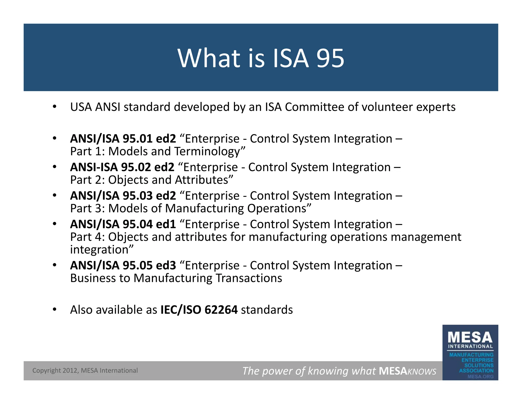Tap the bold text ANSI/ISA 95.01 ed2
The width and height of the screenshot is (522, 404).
pos(123,139)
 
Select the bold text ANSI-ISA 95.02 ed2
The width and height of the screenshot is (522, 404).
pos(122,167)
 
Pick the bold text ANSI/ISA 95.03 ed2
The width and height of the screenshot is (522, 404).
pos(123,196)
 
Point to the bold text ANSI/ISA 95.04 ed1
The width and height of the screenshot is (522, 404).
pos(123,224)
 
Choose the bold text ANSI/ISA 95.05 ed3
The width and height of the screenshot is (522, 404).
pos(123,265)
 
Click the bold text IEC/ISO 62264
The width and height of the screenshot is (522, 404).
pos(199,310)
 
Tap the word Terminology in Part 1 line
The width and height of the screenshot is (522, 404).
pos(207,151)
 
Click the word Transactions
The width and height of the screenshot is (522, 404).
pos(249,278)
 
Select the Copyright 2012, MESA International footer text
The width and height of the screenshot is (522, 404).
pos(85,371)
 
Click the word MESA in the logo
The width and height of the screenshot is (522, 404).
pos(470,338)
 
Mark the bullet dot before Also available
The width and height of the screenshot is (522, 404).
pos(54,310)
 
